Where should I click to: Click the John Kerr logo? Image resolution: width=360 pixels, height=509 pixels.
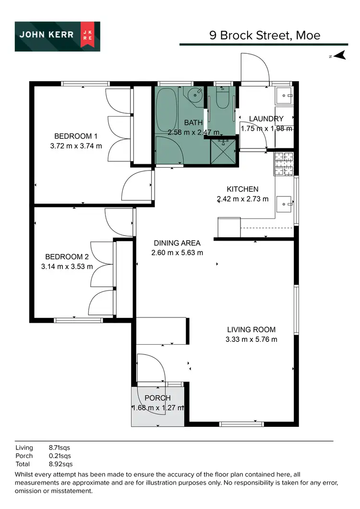click(57, 36)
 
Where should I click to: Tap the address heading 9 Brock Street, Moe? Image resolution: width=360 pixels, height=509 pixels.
click(264, 35)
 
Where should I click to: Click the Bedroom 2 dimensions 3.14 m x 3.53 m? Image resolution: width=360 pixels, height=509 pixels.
click(67, 267)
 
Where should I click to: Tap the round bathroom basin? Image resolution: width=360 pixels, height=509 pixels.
click(196, 94)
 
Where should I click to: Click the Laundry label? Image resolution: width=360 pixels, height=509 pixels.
click(266, 119)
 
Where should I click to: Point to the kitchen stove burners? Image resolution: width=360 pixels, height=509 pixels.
click(283, 163)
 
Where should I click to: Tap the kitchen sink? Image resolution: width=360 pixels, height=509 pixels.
click(287, 204)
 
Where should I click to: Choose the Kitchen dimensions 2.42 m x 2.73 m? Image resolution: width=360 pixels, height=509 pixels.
click(242, 199)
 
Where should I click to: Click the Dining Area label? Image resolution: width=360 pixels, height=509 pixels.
click(177, 243)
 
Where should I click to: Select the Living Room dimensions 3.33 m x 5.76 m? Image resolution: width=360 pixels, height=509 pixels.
click(251, 339)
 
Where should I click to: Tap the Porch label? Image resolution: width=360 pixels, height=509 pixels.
click(157, 398)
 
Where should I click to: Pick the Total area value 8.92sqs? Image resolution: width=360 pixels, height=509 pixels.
click(61, 464)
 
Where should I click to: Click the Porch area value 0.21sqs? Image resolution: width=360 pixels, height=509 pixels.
click(60, 456)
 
